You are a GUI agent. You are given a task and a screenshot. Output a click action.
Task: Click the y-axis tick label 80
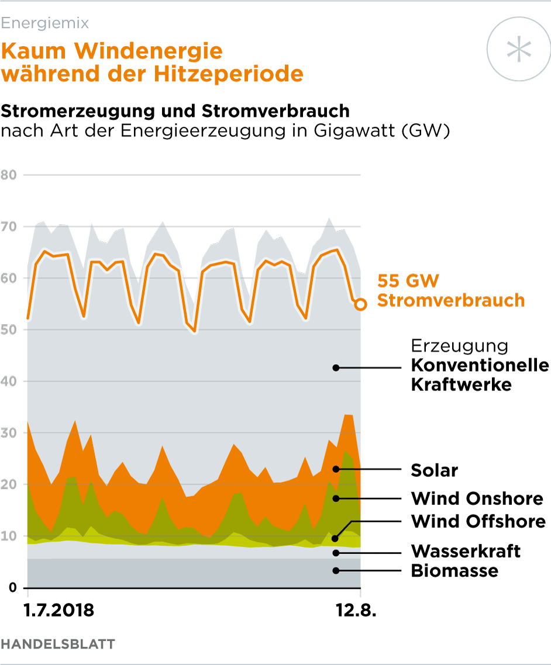(x=9, y=175)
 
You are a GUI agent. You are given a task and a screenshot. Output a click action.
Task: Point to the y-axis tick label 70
(x=9, y=227)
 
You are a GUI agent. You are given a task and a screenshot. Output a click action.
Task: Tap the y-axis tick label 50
(x=9, y=330)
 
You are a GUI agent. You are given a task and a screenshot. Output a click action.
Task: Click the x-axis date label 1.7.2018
(x=58, y=611)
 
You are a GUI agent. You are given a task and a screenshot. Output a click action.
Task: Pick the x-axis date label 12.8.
(x=355, y=611)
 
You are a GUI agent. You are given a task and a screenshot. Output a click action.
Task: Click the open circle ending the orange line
(x=360, y=304)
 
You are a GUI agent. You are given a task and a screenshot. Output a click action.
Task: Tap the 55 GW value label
(x=408, y=281)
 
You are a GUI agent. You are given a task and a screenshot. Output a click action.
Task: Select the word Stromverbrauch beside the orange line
(x=450, y=301)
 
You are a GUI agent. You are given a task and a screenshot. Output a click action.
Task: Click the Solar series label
(x=435, y=470)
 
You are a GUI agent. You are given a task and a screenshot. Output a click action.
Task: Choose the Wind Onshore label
(x=477, y=499)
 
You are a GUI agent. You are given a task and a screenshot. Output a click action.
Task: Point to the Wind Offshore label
(x=478, y=521)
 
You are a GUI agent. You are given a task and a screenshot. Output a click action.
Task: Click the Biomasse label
(x=454, y=570)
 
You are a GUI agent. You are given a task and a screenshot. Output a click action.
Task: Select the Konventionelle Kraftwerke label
(x=480, y=375)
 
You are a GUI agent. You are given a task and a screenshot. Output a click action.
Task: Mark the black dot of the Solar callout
(x=336, y=469)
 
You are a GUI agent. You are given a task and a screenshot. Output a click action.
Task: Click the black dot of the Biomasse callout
(x=336, y=570)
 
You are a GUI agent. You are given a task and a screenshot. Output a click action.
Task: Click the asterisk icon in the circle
(x=519, y=49)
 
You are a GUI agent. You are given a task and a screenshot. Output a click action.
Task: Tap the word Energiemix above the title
(x=45, y=23)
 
